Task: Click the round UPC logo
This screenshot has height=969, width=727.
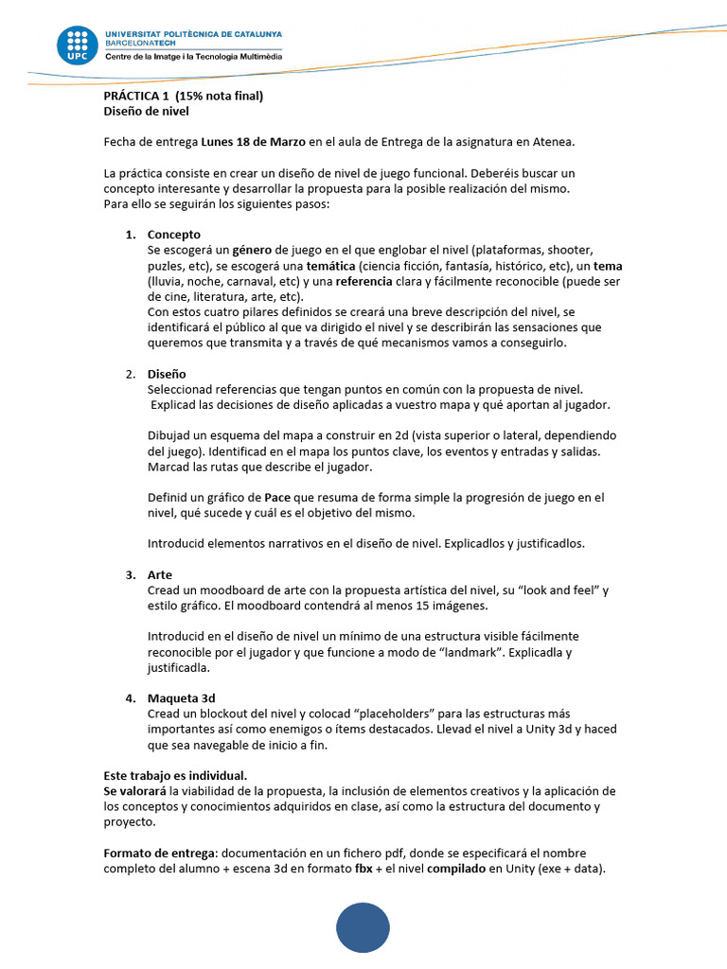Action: (77, 46)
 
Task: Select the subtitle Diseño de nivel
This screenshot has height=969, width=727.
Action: (146, 111)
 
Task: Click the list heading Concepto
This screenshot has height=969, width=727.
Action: (174, 235)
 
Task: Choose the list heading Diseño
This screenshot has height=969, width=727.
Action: (167, 374)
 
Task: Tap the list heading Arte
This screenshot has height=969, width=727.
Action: (160, 574)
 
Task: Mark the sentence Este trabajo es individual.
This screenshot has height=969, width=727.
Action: (175, 775)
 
